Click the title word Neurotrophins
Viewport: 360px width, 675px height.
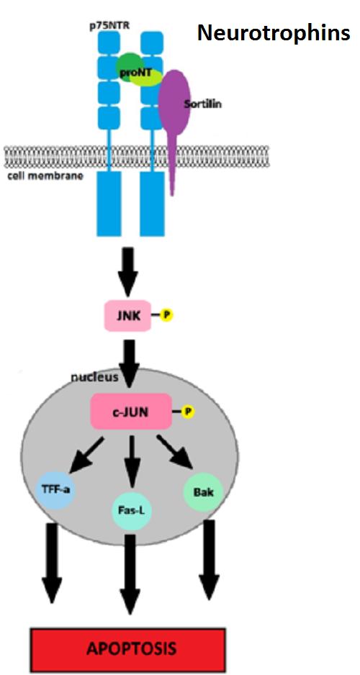[x=274, y=33]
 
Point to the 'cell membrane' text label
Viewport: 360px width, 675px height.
[x=45, y=176]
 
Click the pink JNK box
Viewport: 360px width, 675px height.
[x=128, y=315]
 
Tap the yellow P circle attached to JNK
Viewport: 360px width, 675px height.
[x=166, y=315]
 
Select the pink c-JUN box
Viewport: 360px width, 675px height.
[x=131, y=412]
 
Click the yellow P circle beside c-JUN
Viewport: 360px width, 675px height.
[x=188, y=412]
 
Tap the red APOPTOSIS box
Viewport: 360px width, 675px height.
[x=127, y=649]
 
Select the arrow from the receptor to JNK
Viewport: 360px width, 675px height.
[x=128, y=271]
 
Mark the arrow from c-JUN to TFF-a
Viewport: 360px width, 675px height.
[x=86, y=456]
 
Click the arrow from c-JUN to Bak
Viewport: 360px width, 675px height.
[x=174, y=452]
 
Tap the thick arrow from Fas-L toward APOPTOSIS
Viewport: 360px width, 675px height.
[x=132, y=573]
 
